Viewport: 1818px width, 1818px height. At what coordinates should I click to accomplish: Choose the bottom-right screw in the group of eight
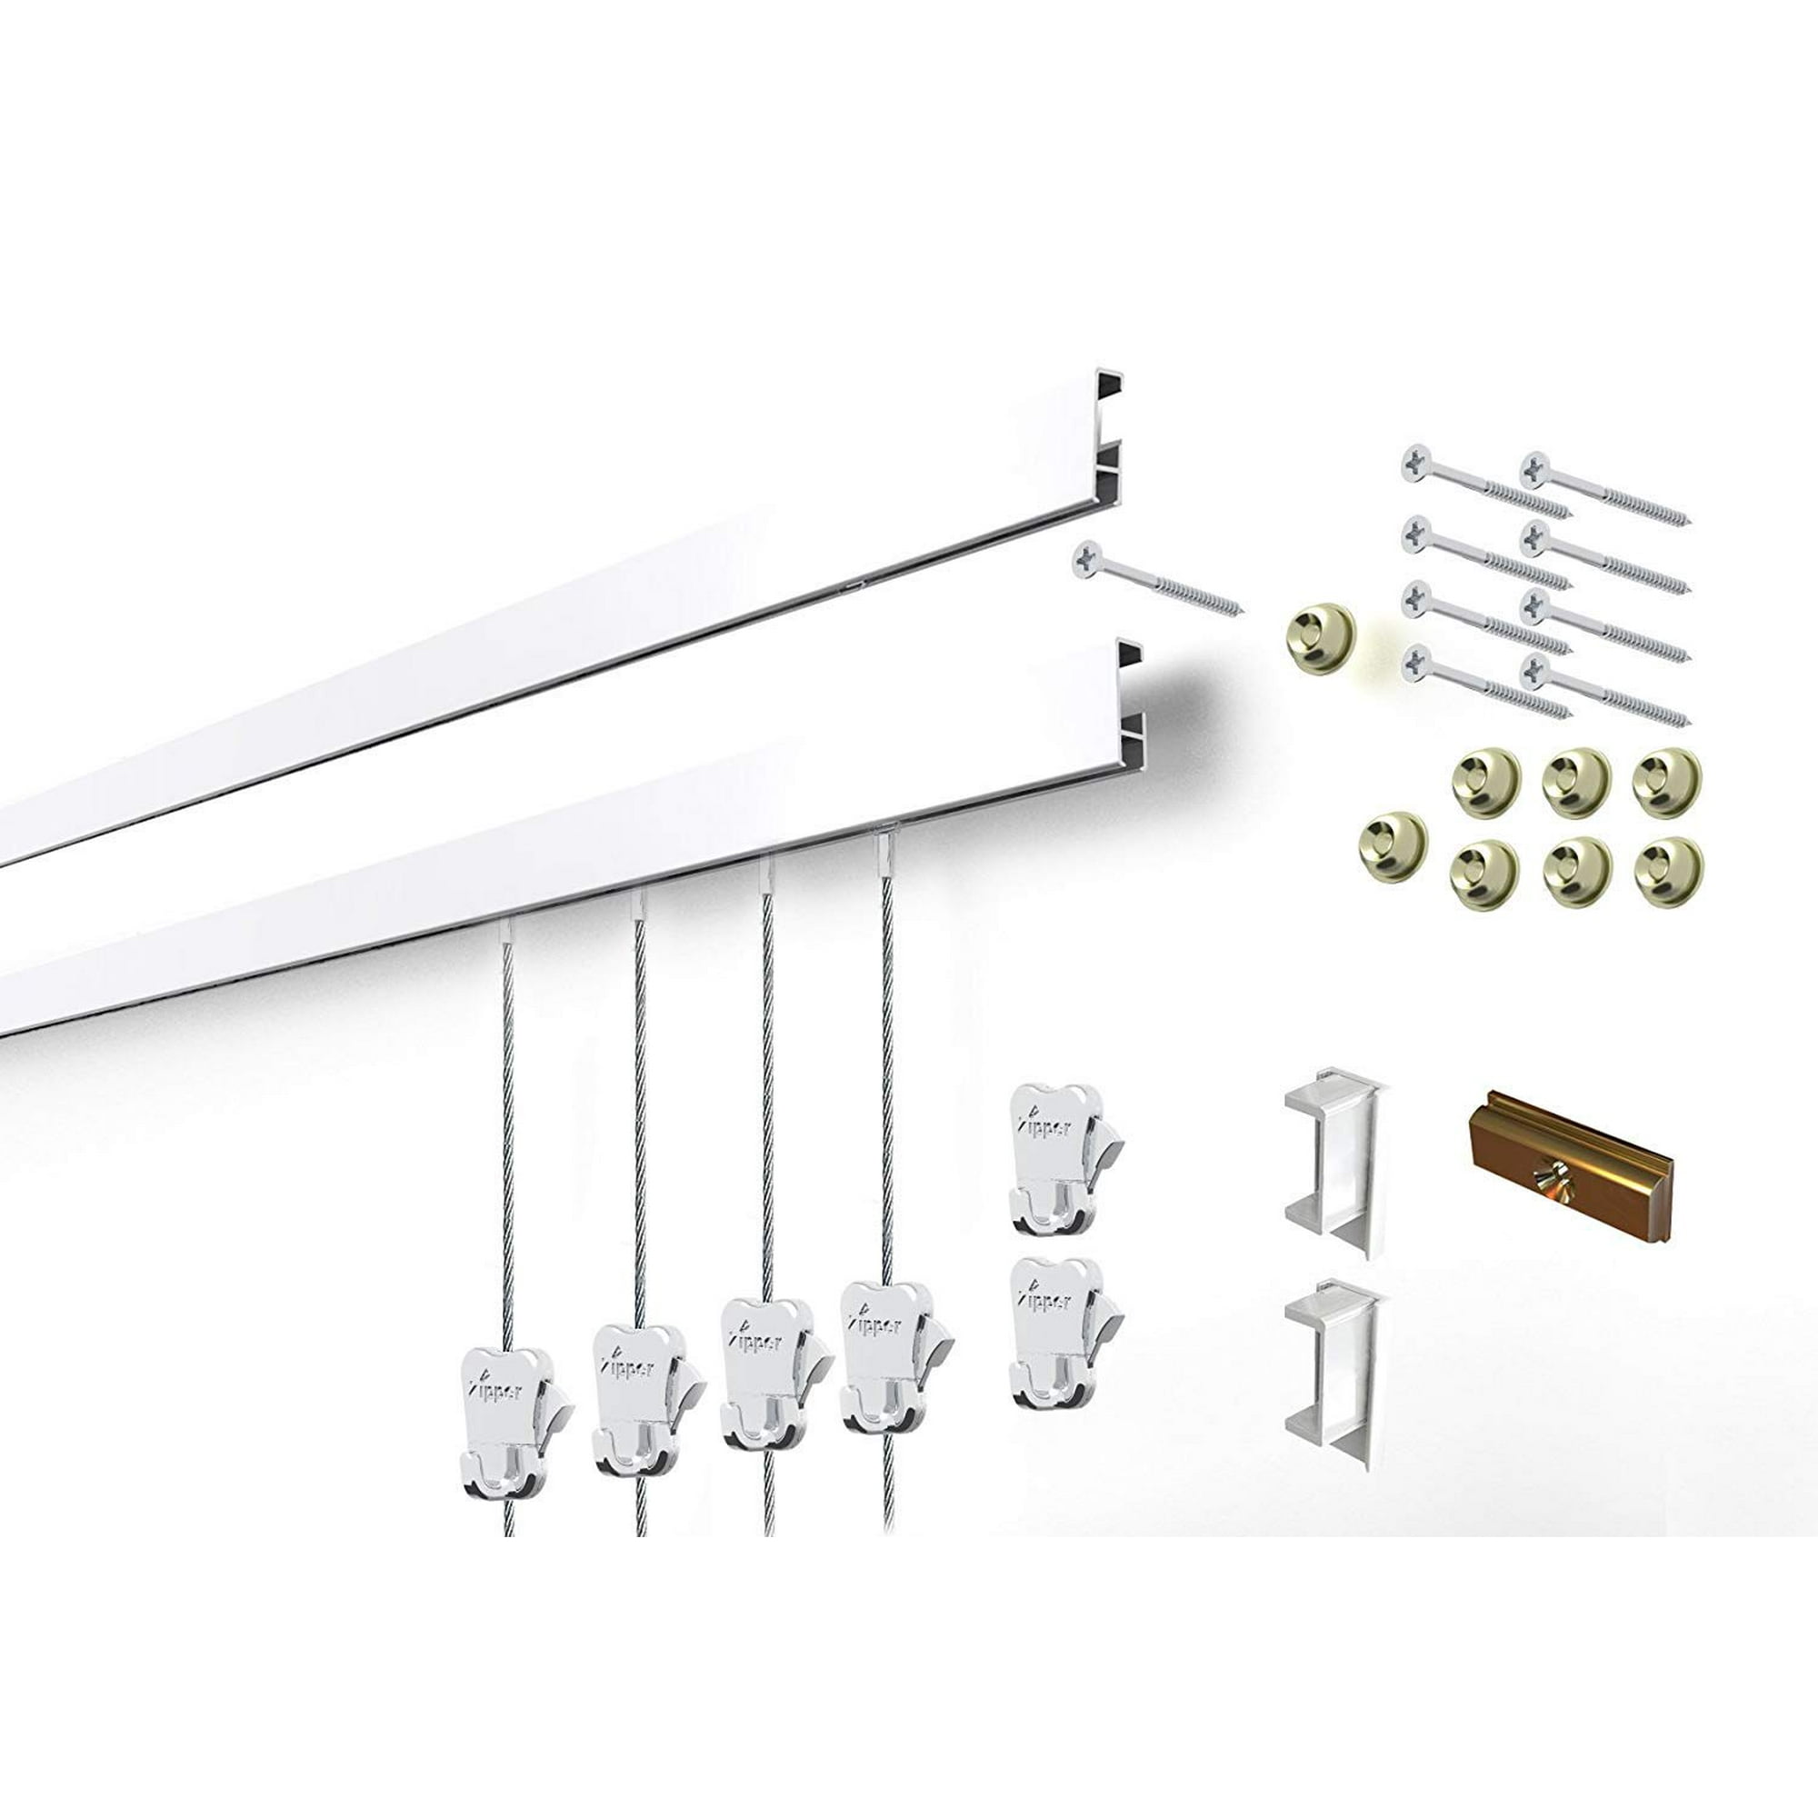[1603, 696]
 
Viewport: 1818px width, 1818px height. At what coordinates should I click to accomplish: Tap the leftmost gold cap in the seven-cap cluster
[1392, 843]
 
